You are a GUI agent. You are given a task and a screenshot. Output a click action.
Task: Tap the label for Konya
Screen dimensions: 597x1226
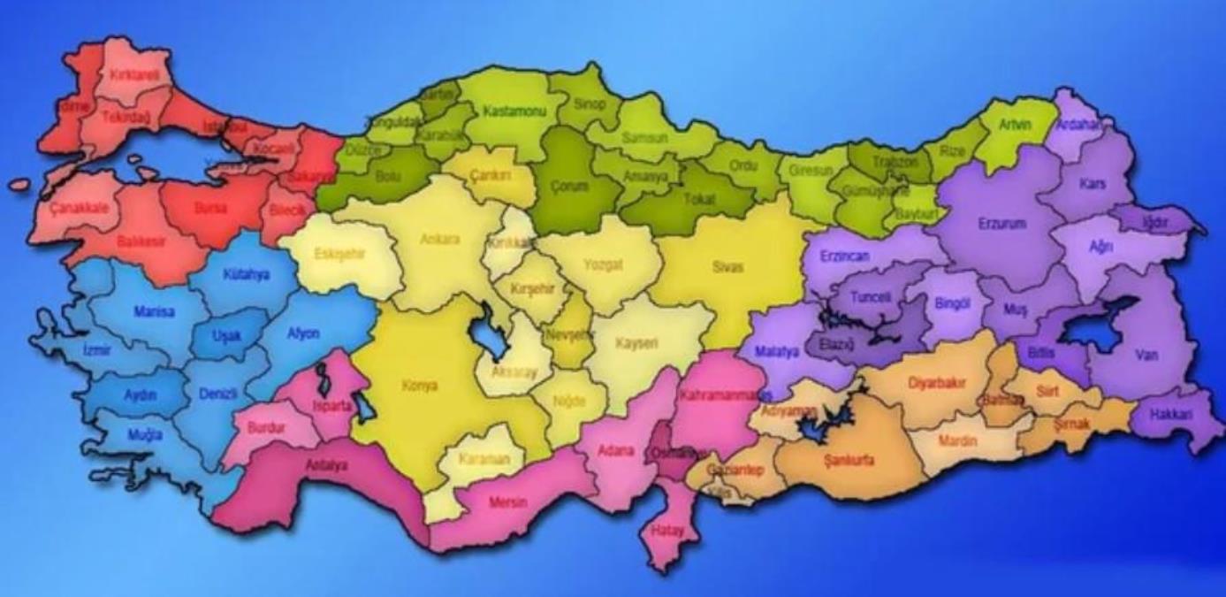pyautogui.click(x=420, y=386)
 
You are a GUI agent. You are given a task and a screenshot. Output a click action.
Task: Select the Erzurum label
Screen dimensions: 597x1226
pyautogui.click(x=1001, y=224)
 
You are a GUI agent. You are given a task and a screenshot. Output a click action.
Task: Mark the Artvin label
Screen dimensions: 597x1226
pyautogui.click(x=1015, y=125)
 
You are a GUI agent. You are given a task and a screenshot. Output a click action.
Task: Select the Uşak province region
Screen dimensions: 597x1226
pyautogui.click(x=227, y=335)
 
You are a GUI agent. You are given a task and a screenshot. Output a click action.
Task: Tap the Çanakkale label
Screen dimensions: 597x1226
pyautogui.click(x=79, y=208)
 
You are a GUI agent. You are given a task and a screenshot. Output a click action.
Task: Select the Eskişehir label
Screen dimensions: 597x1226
pyautogui.click(x=339, y=254)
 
